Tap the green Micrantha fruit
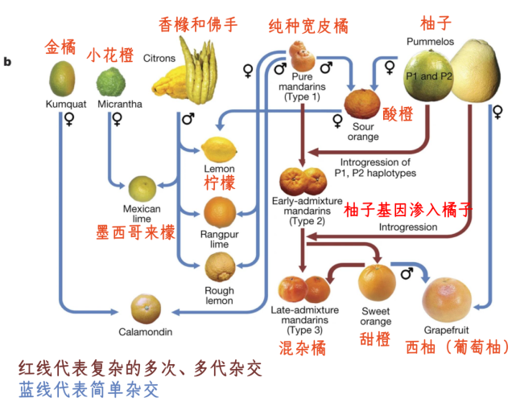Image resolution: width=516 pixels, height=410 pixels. [112, 82]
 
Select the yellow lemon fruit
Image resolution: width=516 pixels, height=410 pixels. [217, 150]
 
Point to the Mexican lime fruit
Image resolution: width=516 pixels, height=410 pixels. [145, 188]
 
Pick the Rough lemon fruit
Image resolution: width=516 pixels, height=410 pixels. [219, 266]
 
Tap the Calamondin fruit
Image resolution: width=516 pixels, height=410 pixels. [146, 309]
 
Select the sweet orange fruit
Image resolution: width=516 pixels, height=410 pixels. [376, 282]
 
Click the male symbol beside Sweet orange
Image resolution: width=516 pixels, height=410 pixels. [407, 273]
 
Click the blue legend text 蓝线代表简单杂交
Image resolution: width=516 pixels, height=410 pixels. [89, 390]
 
